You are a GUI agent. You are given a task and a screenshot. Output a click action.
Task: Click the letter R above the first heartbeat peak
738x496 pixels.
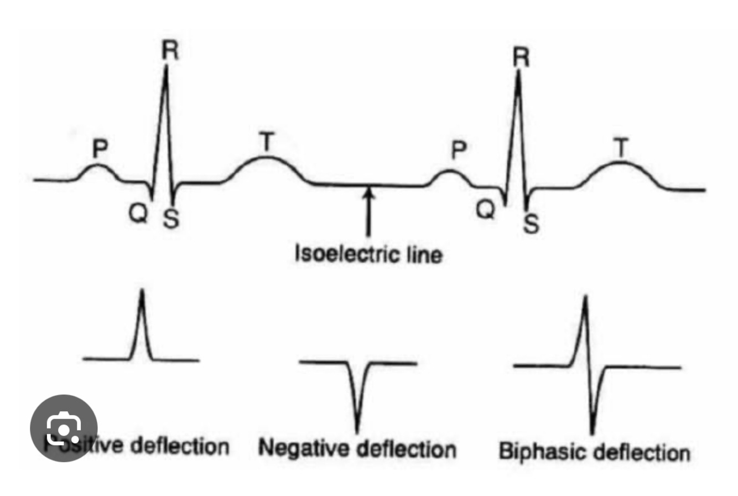click(170, 51)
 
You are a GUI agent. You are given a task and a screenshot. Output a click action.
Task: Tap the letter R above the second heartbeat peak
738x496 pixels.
click(519, 57)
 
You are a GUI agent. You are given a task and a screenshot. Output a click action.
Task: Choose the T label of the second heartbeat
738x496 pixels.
click(621, 148)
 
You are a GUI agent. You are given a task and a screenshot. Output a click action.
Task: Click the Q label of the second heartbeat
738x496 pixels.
click(485, 211)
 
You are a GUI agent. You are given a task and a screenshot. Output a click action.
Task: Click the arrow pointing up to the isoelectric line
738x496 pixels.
click(368, 213)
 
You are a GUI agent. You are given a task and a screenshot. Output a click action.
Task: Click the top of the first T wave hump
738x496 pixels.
click(266, 158)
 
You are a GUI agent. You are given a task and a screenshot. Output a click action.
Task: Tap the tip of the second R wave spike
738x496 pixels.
click(518, 72)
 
